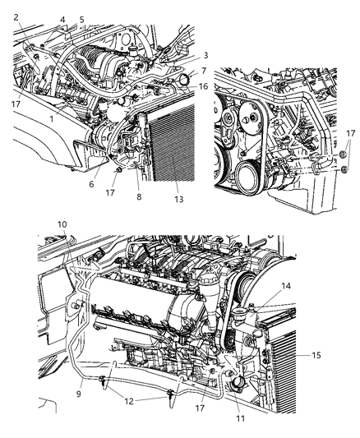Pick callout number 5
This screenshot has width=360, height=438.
(81, 20)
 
